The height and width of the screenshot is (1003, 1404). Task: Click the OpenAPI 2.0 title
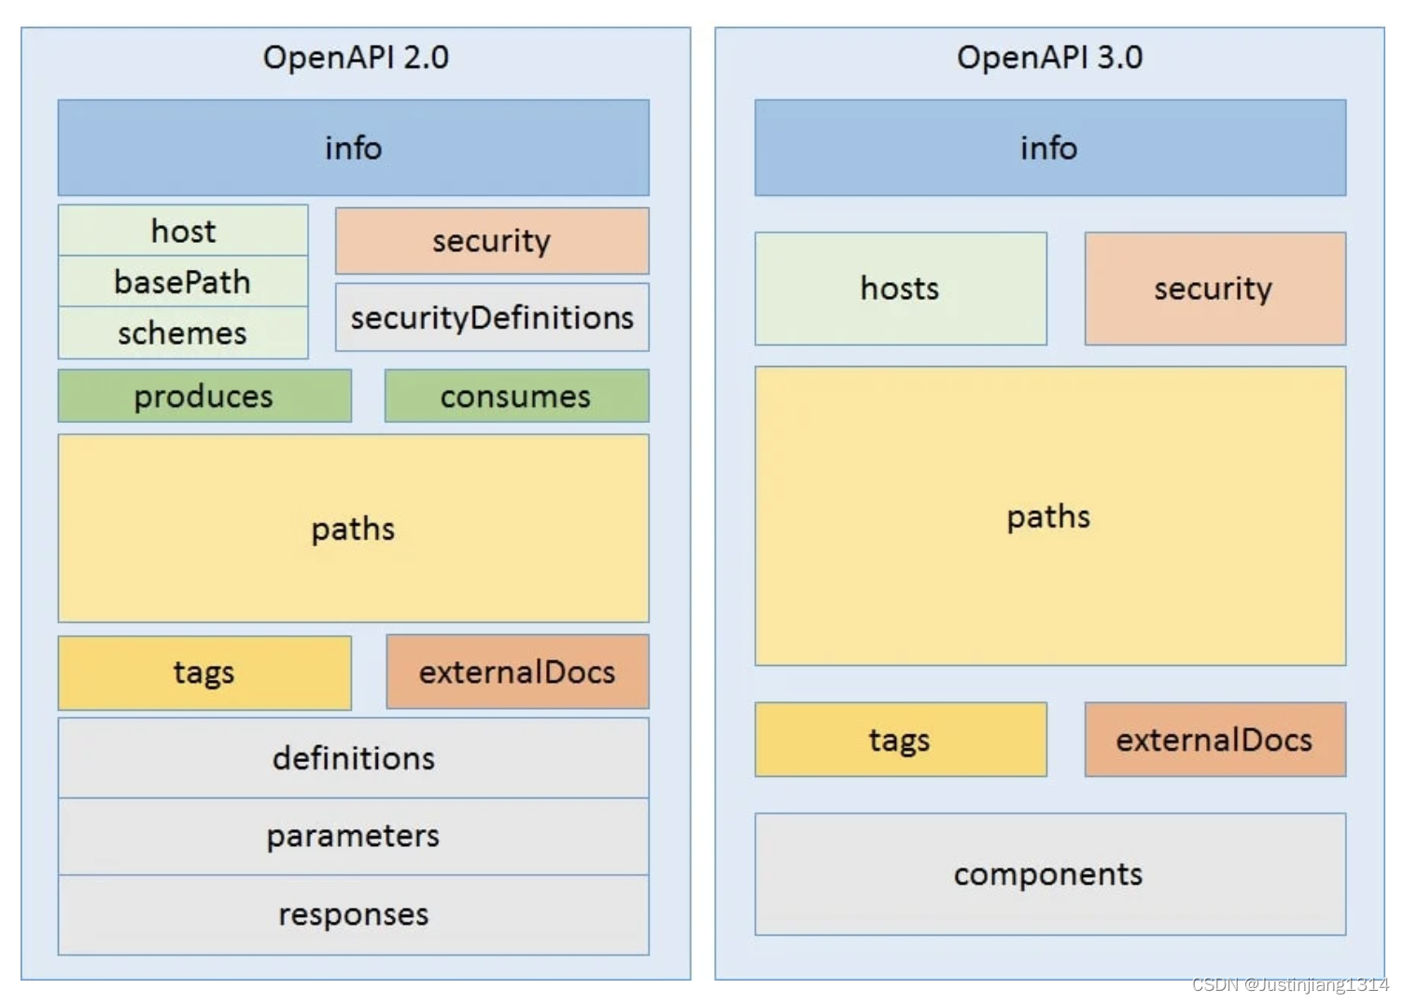356,58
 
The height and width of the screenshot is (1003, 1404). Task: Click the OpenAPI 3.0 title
1049,58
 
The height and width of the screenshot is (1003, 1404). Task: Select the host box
183,231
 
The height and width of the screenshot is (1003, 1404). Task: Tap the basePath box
183,282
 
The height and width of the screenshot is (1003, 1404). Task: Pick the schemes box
183,333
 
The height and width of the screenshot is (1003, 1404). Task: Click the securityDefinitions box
492,318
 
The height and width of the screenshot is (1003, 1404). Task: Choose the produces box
204,397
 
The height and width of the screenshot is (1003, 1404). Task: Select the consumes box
516,397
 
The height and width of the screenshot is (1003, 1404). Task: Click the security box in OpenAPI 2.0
492,241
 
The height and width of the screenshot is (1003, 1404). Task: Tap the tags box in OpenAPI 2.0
204,672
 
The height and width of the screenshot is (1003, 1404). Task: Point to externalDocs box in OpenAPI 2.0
517,672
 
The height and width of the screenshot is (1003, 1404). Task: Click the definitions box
353,758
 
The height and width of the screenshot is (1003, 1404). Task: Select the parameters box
353,836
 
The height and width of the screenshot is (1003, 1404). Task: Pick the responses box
353,914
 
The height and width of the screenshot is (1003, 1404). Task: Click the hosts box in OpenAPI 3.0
900,289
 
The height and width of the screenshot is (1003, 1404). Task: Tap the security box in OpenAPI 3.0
1214,289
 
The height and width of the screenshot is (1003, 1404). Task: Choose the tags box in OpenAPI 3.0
900,740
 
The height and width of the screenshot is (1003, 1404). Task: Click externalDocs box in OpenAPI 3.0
1214,740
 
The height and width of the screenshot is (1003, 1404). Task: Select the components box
1049,874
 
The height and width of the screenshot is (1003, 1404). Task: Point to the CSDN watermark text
1290,984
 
